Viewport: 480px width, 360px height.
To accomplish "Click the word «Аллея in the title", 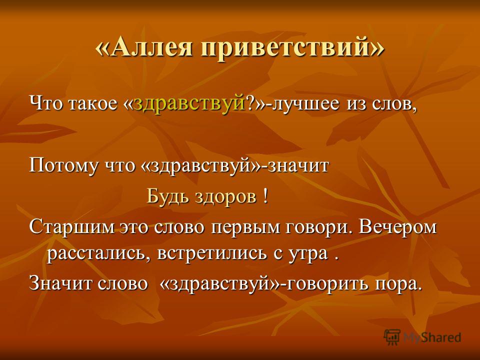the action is pos(144,48).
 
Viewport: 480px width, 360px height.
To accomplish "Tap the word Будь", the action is pos(168,196).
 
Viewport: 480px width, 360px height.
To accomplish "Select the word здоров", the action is pos(225,197).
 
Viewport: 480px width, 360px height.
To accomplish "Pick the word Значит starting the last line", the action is pos(60,283).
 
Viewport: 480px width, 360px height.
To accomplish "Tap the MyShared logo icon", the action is pos(392,337).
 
